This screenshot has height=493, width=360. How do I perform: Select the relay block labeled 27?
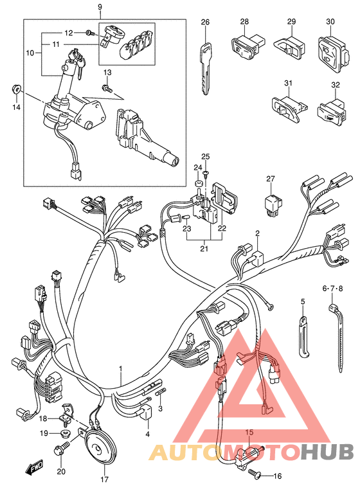pos(272,205)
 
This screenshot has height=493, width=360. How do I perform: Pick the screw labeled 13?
pos(107,87)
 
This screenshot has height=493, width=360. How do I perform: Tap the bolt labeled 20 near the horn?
pos(62,449)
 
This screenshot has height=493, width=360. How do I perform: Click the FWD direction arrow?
pos(34,467)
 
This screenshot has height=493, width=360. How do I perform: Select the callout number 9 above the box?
pos(100,6)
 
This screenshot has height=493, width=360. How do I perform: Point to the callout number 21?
pos(204,249)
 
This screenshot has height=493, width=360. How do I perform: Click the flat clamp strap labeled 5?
pos(303,337)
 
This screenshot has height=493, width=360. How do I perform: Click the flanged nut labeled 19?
pos(65,433)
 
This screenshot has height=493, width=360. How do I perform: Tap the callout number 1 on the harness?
pos(120,368)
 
